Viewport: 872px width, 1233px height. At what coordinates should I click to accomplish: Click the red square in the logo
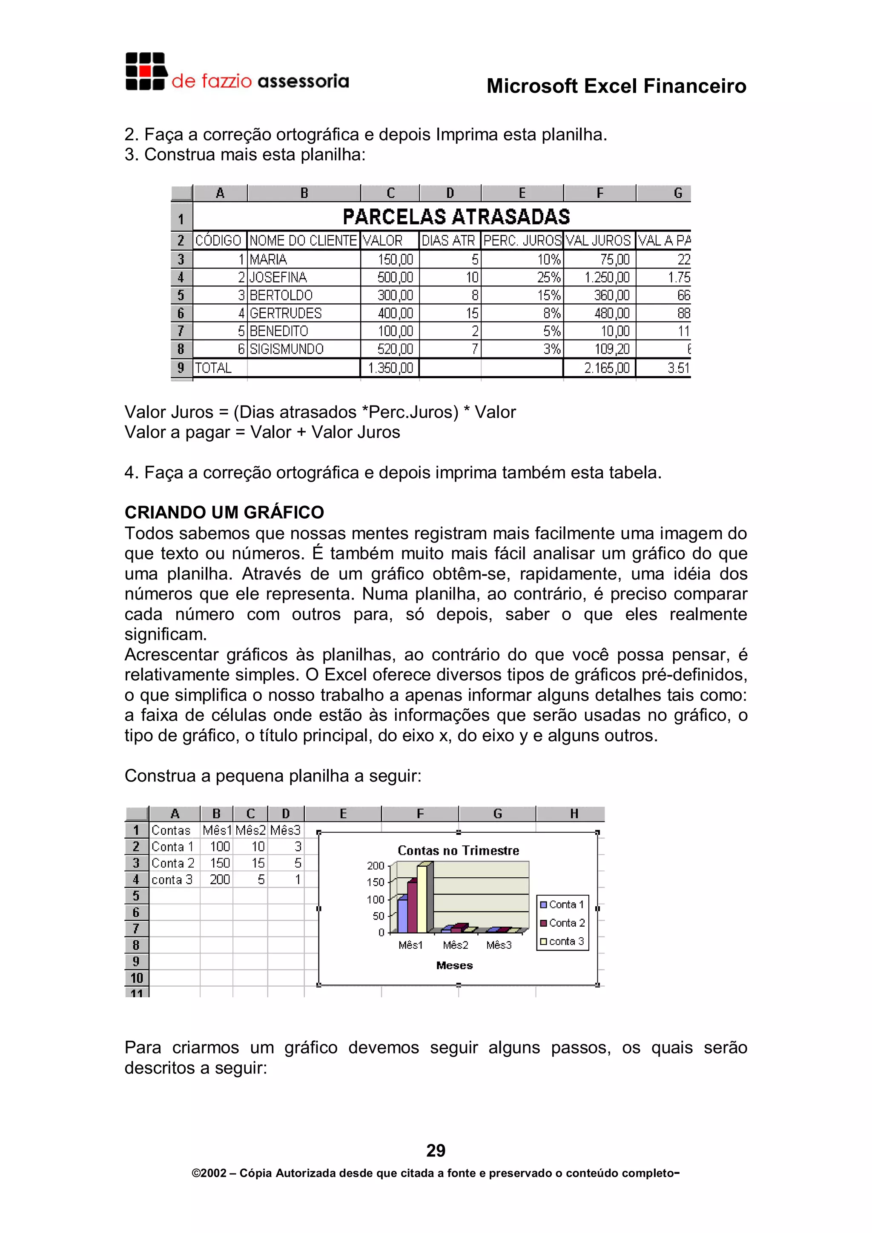[144, 71]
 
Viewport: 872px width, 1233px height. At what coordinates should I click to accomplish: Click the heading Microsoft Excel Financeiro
[616, 86]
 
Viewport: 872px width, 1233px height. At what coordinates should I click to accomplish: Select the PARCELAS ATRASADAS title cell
[456, 217]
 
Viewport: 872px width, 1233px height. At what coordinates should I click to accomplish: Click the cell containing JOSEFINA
[278, 278]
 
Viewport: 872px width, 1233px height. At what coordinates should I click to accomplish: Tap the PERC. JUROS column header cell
[522, 240]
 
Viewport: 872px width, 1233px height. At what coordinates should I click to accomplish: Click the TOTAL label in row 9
[213, 368]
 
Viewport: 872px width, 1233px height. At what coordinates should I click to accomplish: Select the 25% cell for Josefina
[548, 278]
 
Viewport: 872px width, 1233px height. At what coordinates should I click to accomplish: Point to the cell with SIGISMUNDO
[287, 349]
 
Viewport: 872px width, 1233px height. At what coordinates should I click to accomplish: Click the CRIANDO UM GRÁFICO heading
[224, 512]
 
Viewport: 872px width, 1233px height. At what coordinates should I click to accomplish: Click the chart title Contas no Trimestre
[458, 851]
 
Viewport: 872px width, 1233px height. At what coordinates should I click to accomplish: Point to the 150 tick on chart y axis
[375, 882]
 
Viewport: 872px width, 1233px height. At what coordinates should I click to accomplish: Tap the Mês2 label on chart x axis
[455, 945]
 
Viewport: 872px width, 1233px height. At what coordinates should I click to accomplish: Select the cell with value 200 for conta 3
[219, 879]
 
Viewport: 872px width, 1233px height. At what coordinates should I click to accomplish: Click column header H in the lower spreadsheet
[574, 814]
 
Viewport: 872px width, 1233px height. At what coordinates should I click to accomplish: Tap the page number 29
[436, 1150]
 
